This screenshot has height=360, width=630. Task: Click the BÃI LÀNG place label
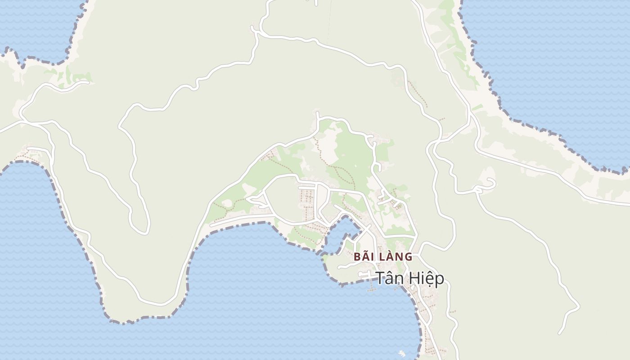pos(383,257)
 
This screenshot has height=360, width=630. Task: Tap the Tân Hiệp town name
pos(409,279)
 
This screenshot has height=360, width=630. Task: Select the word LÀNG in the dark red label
pos(395,257)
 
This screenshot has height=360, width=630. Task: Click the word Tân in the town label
pos(389,278)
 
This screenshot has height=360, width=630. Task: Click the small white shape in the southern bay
pos(402,354)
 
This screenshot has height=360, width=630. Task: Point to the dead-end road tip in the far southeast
pos(559,333)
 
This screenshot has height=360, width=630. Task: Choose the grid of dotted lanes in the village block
pos(307,200)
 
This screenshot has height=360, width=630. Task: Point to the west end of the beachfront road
pos(211,225)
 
